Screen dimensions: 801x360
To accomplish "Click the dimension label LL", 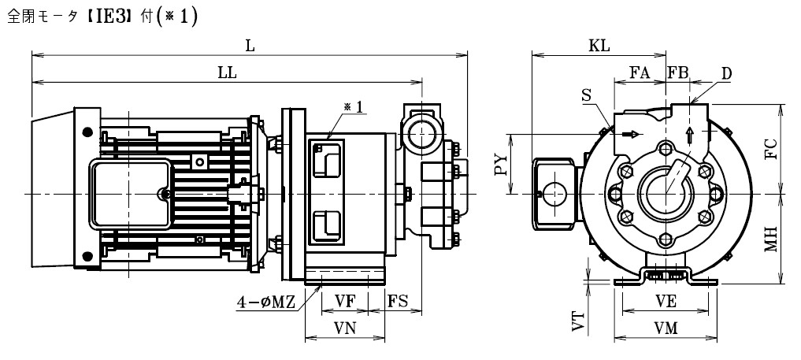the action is click(x=228, y=73).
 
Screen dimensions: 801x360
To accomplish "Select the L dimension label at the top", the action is click(x=250, y=46).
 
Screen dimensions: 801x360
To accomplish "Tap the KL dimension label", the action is click(x=599, y=46).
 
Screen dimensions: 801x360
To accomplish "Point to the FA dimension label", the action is click(x=640, y=73).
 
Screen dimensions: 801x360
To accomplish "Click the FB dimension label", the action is click(x=678, y=73).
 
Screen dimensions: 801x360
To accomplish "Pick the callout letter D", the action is click(x=726, y=74).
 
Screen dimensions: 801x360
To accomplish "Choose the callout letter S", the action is click(x=587, y=95).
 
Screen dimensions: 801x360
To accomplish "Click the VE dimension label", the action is click(x=666, y=302).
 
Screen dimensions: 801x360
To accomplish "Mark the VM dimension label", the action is click(x=666, y=328).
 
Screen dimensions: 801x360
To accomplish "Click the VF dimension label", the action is click(x=345, y=301).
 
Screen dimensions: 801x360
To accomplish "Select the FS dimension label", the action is click(x=398, y=301).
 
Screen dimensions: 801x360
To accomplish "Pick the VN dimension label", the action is click(x=345, y=328).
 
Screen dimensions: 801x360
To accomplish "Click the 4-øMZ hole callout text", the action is click(x=265, y=302).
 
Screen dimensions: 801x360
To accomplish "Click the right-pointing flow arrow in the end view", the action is click(x=631, y=134).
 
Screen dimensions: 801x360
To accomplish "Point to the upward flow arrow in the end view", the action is click(x=690, y=135).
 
